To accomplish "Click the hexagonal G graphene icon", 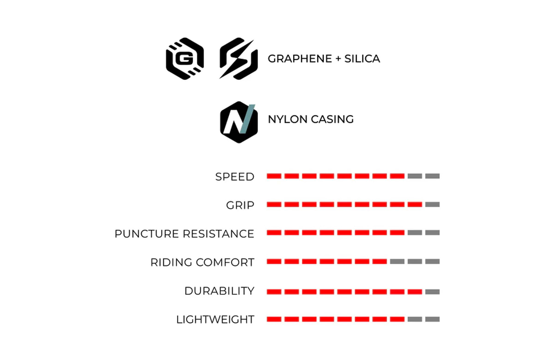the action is pos(185,59).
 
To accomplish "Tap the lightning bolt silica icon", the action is pos(238,59).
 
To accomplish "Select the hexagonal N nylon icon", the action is pos(239,122).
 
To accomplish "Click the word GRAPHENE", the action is pos(300,59).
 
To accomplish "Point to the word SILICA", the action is pos(362,59).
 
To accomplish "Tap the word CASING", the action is pos(332,119).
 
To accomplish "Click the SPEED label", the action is pos(235,177).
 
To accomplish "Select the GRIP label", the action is pos(240,205).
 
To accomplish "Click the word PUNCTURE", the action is pos(147,234).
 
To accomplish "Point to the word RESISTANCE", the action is pos(219,234).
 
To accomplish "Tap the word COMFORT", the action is pos(225,262).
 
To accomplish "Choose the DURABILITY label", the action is pos(219,291).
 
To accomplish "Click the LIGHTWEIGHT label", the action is pos(215,319).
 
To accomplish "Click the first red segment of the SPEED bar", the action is pos(274,176).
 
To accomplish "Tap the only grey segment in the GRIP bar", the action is pos(432,204).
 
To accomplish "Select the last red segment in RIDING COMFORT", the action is pos(379,262).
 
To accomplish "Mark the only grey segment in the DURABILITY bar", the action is pos(432,292).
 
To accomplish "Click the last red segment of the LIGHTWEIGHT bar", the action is pos(397,319).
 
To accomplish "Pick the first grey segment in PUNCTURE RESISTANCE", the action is pos(415,233).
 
